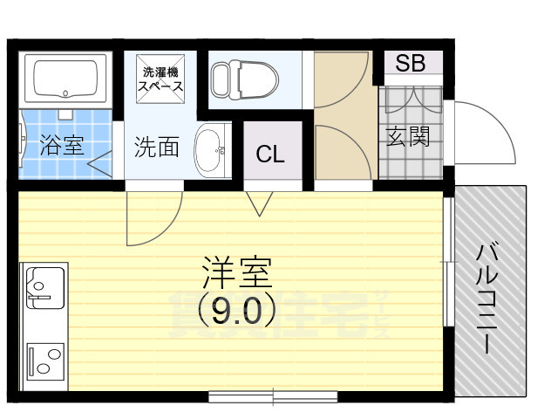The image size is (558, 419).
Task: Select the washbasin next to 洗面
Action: click(x=208, y=151)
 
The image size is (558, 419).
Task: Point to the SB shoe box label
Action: click(x=409, y=63)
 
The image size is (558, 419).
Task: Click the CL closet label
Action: click(x=270, y=155)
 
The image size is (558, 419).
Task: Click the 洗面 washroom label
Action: click(x=156, y=147)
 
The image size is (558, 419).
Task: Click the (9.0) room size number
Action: click(x=236, y=307)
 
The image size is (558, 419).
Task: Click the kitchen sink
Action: click(x=44, y=287)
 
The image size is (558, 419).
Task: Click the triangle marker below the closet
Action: click(x=259, y=204)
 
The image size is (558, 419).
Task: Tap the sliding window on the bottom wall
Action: click(x=274, y=397)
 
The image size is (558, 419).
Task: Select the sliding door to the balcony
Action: click(x=447, y=262)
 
